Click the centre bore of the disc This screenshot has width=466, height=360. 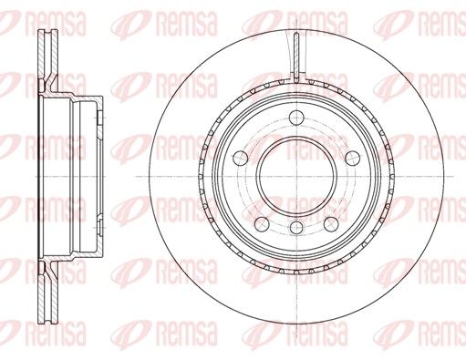pyautogui.click(x=296, y=177)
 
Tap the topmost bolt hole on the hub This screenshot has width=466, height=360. pyautogui.click(x=296, y=118)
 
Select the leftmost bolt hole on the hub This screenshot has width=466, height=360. pyautogui.click(x=241, y=158)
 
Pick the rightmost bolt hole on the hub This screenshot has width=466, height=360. pyautogui.click(x=353, y=158)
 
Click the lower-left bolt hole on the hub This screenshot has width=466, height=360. pyautogui.click(x=262, y=224)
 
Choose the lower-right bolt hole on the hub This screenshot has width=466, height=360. pyautogui.click(x=331, y=224)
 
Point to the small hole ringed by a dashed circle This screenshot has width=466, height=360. pyautogui.click(x=296, y=228)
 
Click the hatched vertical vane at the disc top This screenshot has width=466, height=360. pyautogui.click(x=296, y=57)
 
